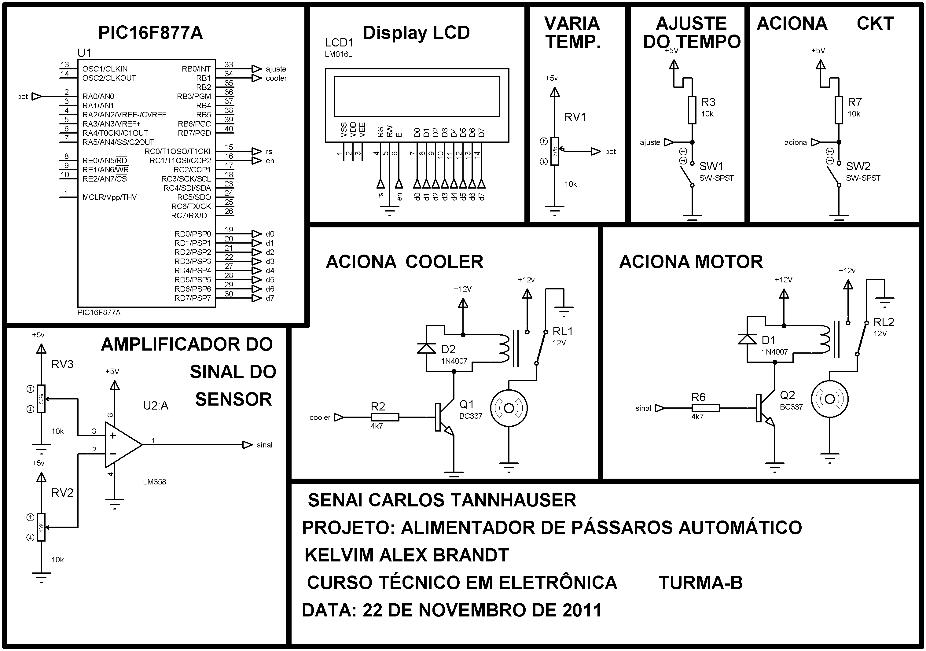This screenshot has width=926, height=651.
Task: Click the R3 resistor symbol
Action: tap(692, 110)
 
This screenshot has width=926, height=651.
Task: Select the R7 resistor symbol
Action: tap(839, 110)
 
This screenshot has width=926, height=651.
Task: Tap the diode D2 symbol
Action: tap(426, 348)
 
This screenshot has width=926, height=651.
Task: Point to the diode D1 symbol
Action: tap(747, 339)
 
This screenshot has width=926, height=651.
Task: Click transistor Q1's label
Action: tap(467, 404)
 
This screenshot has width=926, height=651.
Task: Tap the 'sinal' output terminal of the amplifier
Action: tap(247, 445)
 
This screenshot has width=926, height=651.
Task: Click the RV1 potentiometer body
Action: tap(555, 151)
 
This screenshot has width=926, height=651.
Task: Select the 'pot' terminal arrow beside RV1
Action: tap(596, 152)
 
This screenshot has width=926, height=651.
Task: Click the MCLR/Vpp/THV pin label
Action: tap(109, 197)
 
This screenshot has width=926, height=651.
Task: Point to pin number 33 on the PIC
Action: tap(229, 64)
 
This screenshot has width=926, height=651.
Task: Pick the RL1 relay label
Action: tap(562, 332)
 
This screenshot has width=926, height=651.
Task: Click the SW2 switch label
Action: tap(858, 166)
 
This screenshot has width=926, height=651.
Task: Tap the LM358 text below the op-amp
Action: tap(154, 482)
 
